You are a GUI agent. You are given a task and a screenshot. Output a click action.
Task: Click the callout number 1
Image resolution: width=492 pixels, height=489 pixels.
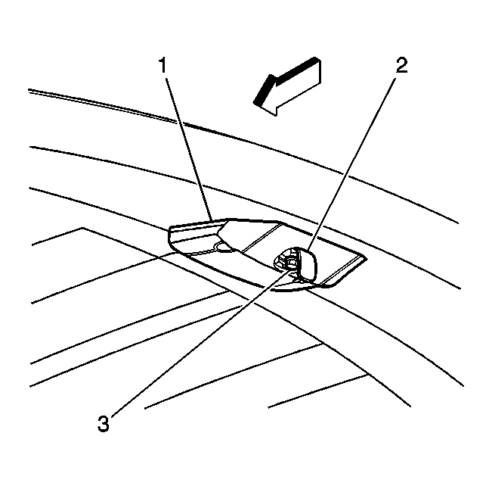162,65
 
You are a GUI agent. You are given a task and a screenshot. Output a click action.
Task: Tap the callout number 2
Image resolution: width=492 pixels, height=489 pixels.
401,65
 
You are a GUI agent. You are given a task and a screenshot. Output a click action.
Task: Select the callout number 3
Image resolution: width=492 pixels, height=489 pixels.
104,423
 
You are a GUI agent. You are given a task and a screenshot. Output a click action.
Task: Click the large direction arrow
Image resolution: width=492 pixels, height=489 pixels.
287,86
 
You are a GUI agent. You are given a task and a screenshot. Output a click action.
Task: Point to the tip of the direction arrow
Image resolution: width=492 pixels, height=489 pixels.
254,102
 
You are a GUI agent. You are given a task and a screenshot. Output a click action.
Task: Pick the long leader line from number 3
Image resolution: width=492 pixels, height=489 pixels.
200,341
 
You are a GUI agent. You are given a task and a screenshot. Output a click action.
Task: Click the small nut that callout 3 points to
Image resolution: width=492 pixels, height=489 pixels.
290,263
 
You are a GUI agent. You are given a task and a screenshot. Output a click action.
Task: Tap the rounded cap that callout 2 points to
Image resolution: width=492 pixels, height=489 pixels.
306,263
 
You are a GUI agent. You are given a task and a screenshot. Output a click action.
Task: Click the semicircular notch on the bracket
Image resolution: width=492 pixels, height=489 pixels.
224,247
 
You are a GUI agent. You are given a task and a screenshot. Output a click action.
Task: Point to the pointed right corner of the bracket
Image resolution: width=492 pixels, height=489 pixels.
366,259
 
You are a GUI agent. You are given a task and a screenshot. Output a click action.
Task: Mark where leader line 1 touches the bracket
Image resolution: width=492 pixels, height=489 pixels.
213,220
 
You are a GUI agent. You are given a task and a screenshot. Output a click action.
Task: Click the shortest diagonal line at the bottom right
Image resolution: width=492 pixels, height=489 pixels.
317,391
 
